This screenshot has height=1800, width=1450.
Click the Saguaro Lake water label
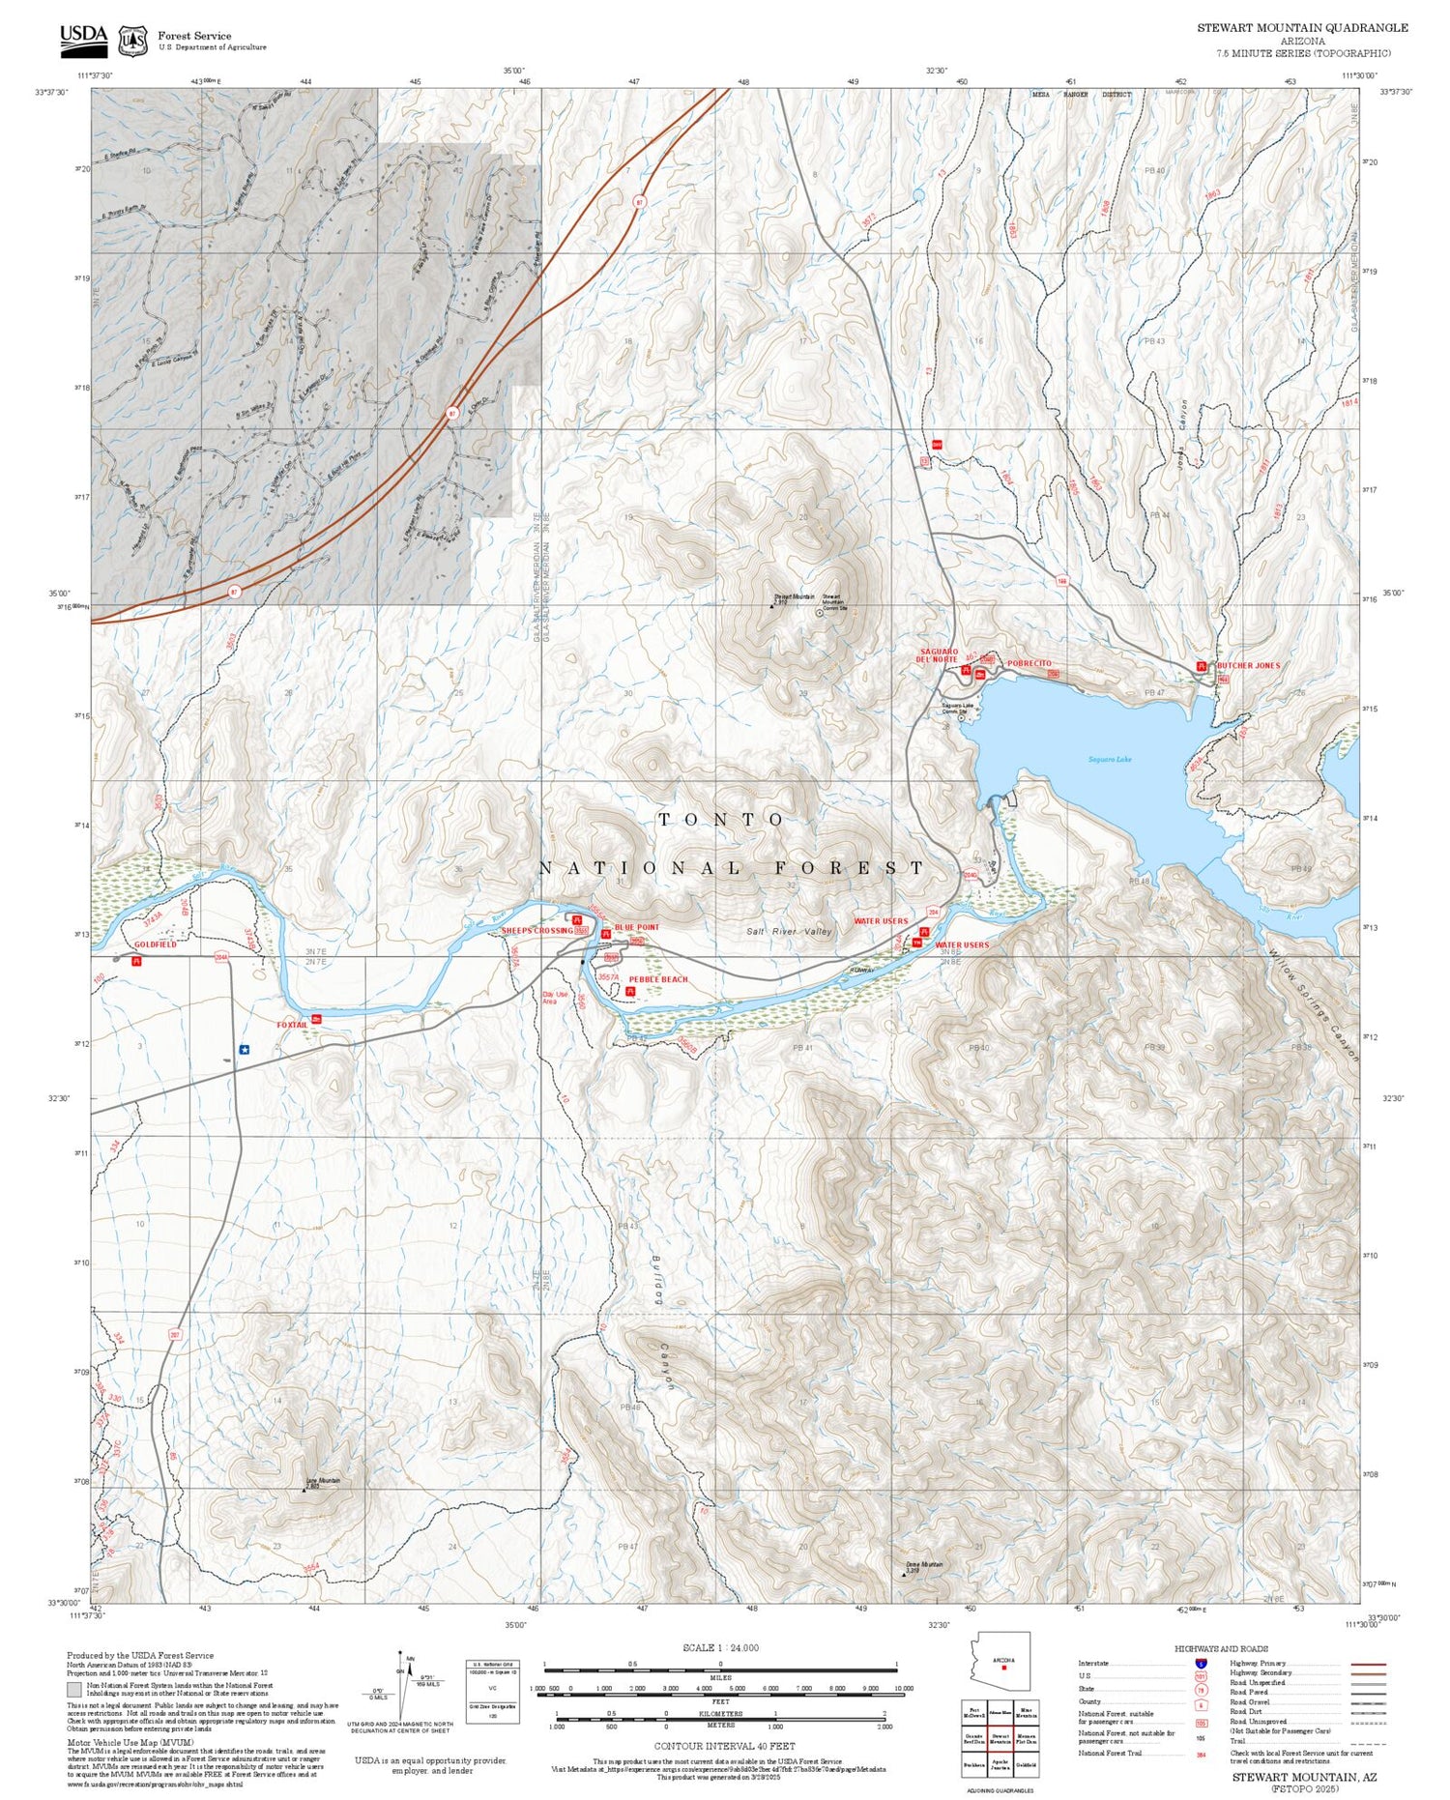pos(1110,759)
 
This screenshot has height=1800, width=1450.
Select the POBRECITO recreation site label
pos(1029,664)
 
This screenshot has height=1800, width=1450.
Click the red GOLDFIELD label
pos(155,944)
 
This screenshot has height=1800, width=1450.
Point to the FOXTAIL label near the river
pos(291,1025)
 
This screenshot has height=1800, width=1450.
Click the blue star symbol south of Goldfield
pos(245,1049)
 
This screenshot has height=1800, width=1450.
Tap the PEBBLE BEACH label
pos(657,979)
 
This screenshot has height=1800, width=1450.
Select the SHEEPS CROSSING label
pos(536,931)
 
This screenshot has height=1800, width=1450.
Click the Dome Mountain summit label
pos(924,1565)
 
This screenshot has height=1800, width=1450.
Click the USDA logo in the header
pos(83,37)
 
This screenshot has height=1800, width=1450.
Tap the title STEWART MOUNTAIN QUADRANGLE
pos(1302,28)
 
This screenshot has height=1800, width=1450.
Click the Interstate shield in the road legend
pos(1201,1663)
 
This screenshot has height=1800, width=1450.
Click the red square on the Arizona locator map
pos(1004,1667)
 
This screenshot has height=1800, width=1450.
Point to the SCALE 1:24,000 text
pos(720,1647)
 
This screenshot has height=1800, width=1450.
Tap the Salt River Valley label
pos(789,931)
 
